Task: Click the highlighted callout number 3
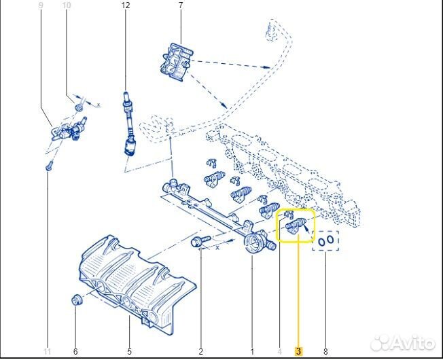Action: click(298, 351)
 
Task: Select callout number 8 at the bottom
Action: click(325, 351)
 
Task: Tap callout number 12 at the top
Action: click(125, 5)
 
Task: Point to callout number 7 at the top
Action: click(181, 5)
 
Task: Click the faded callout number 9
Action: click(41, 5)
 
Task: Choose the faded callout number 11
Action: click(48, 351)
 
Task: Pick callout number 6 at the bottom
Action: click(75, 351)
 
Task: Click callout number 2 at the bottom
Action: click(200, 351)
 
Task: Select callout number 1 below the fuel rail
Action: click(251, 351)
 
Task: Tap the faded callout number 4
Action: click(279, 351)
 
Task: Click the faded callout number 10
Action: click(66, 5)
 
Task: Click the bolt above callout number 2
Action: click(199, 241)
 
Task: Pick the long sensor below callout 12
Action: click(126, 126)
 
